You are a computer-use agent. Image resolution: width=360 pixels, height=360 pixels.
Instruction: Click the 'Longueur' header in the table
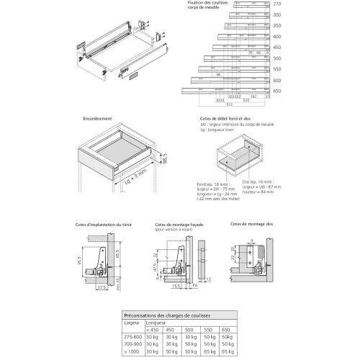[152, 323]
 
